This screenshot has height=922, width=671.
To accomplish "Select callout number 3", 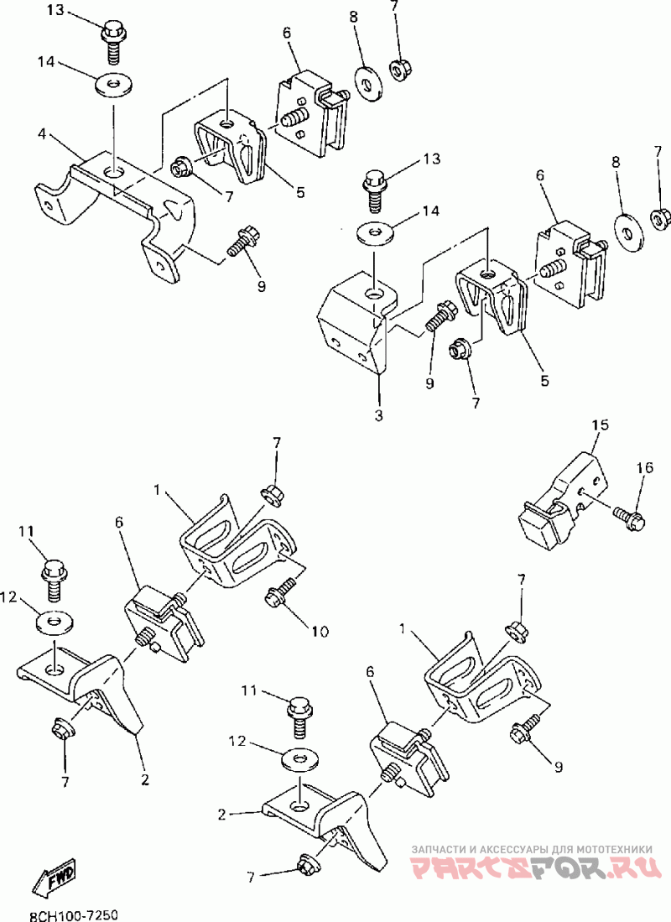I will pyautogui.click(x=378, y=414).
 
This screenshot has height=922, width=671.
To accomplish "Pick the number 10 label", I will pyautogui.click(x=320, y=630).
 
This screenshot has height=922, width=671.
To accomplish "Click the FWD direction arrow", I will pyautogui.click(x=55, y=878).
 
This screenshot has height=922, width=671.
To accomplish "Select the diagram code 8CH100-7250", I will pyautogui.click(x=73, y=912).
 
